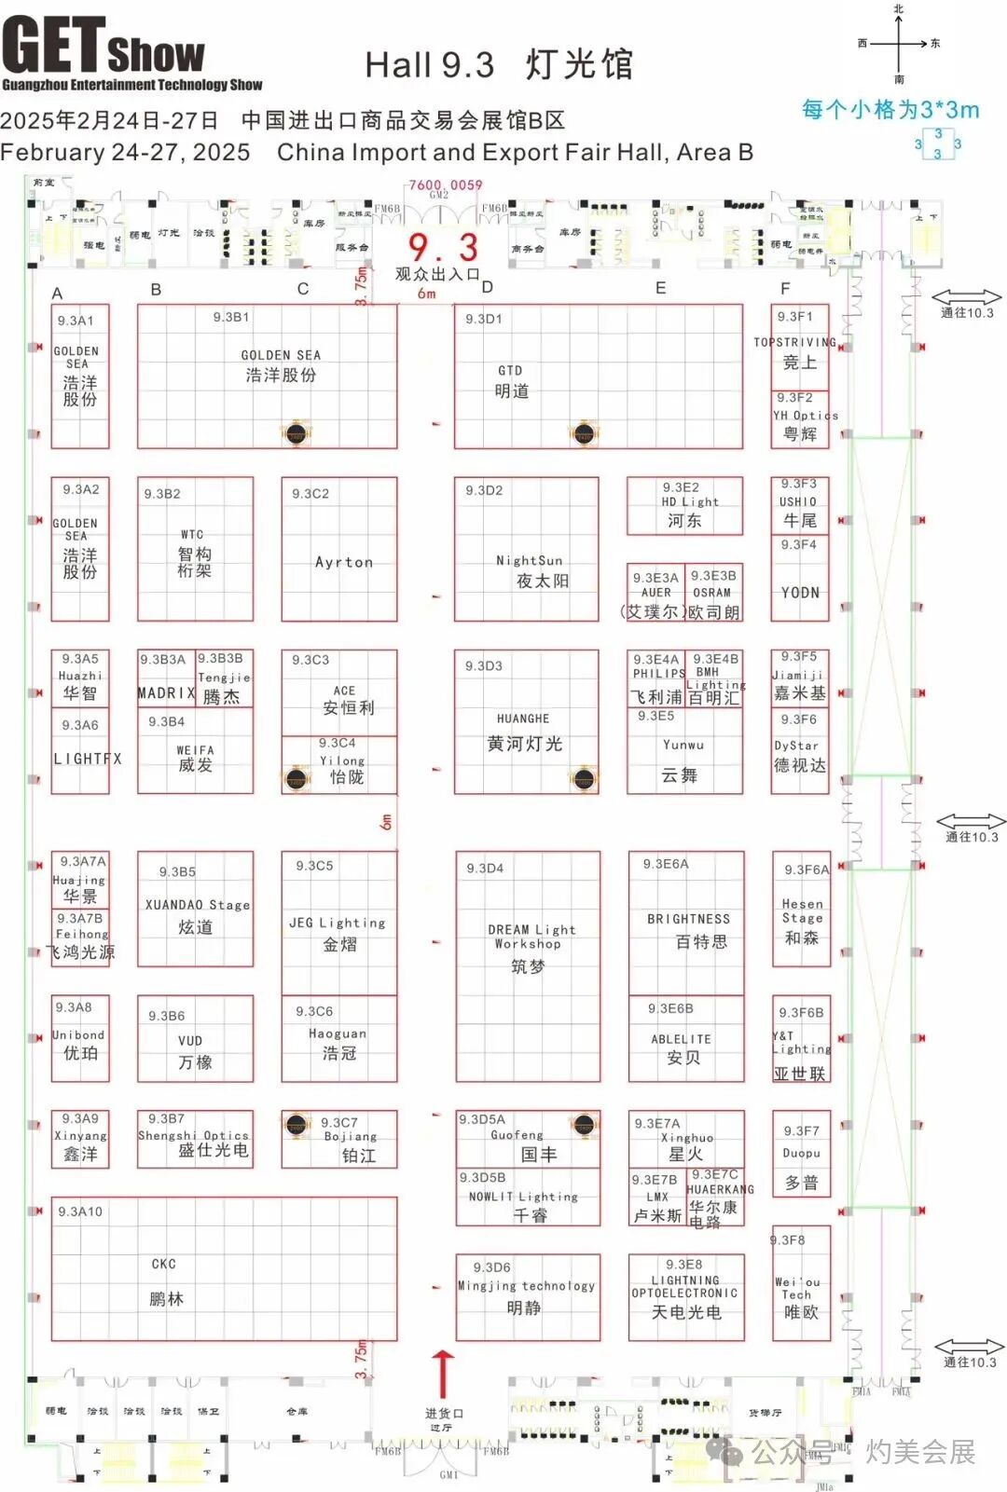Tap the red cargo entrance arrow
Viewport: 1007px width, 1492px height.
[x=443, y=1373]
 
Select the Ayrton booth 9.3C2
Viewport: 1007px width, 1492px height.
[x=339, y=549]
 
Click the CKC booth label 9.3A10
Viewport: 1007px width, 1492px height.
[x=80, y=1211]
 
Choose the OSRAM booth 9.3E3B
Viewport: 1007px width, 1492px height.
[x=714, y=592]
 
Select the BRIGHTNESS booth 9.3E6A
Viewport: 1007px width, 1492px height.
[x=686, y=923]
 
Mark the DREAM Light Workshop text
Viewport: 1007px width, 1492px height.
[x=530, y=937]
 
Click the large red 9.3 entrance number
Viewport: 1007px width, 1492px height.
[x=443, y=247]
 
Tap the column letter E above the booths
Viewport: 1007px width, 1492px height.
[x=660, y=288]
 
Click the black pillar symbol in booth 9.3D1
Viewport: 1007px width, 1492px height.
[x=584, y=433]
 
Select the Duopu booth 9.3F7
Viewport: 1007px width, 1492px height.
[x=801, y=1156]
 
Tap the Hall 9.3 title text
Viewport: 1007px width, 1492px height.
[x=500, y=64]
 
